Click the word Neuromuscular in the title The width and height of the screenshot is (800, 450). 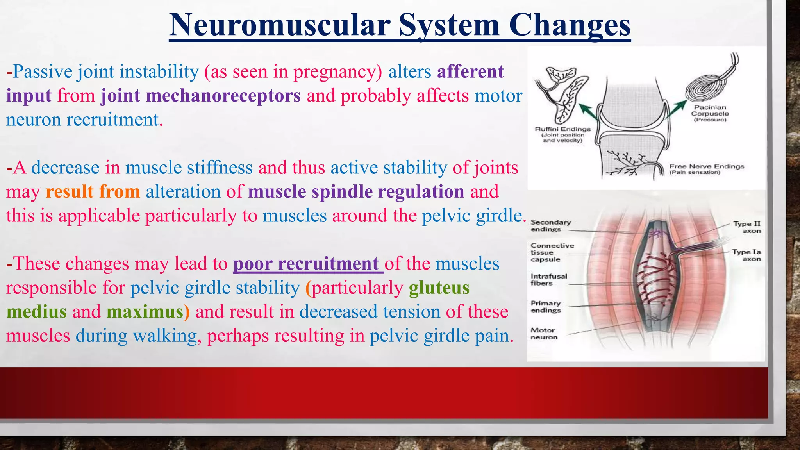point(280,25)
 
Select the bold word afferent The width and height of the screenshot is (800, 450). point(470,71)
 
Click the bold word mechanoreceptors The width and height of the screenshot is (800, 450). point(201,96)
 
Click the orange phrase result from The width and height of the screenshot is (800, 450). point(93,192)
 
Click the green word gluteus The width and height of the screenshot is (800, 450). point(439,288)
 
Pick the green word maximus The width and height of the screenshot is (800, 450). point(145,312)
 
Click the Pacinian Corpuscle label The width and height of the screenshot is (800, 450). point(710,113)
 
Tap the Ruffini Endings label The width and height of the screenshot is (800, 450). point(562,134)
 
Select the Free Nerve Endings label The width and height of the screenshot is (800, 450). point(706,169)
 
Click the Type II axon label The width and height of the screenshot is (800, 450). point(747,227)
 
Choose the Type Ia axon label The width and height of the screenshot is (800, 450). point(746,255)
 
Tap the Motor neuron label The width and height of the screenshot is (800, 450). point(544,334)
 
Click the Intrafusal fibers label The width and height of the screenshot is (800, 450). point(548,279)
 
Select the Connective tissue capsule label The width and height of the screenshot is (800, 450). point(552,252)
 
